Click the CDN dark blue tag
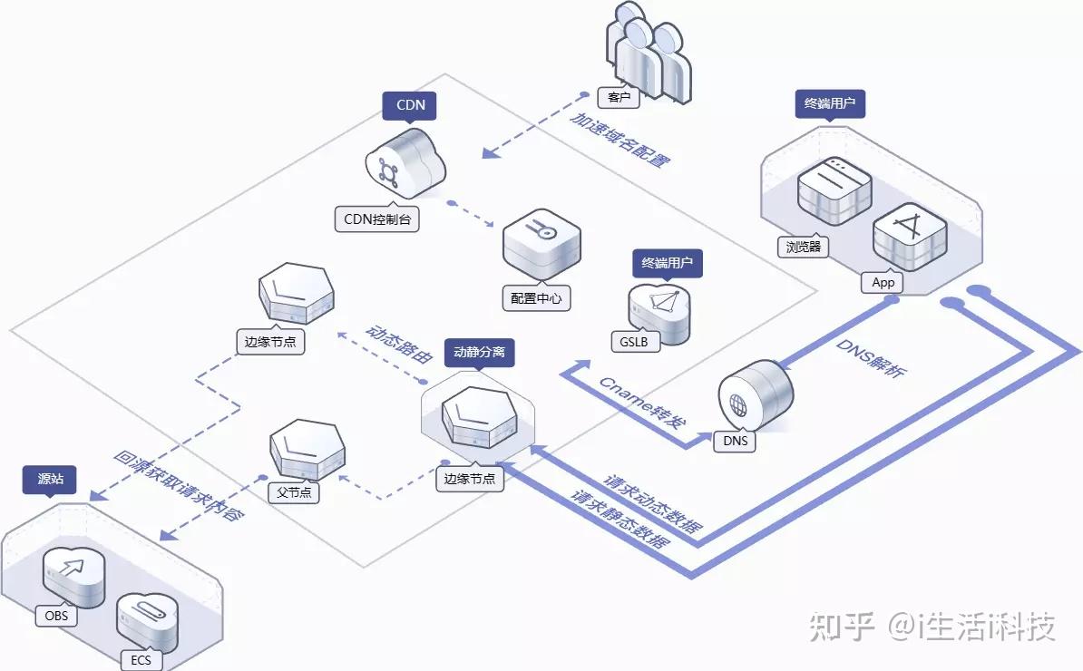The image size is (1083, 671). point(410,105)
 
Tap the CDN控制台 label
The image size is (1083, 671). point(376,219)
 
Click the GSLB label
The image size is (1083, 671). point(635,342)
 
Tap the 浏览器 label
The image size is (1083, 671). point(803,246)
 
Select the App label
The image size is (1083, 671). point(883,282)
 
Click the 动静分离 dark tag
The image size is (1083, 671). point(479,353)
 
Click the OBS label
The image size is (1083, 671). point(56,616)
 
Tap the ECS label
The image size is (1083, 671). point(141,659)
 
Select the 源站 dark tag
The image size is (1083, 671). point(50,480)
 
